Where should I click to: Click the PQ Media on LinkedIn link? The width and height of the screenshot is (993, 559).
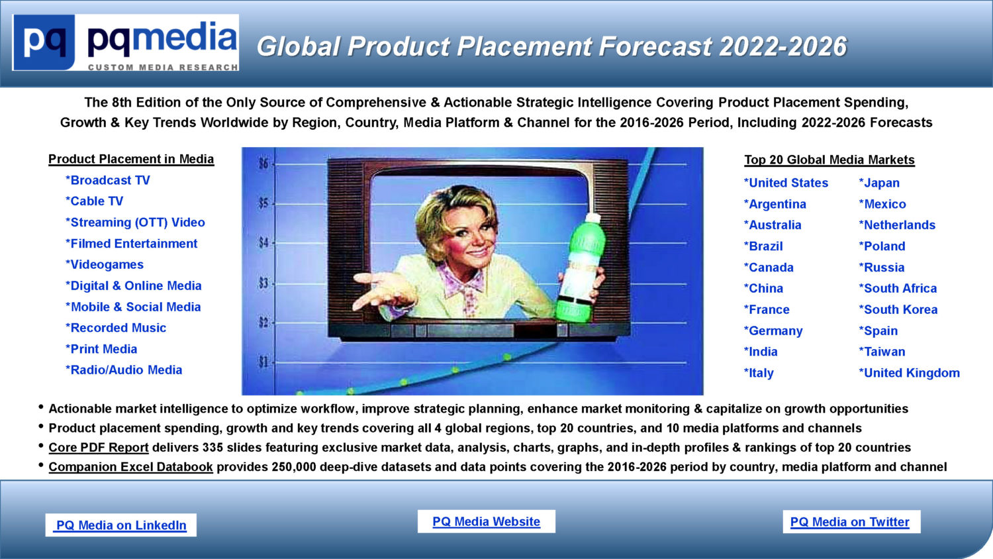[121, 525]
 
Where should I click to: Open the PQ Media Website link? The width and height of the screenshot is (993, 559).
[487, 521]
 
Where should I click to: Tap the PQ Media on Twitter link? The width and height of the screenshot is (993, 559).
[850, 522]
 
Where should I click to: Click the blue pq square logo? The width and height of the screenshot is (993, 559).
[44, 42]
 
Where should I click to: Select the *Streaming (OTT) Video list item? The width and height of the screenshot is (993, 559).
[135, 223]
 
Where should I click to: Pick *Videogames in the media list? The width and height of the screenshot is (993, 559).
[105, 264]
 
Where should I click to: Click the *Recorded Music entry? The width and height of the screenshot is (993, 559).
[116, 328]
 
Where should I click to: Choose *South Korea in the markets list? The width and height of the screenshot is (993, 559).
[898, 309]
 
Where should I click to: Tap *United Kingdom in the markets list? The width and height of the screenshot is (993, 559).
[909, 373]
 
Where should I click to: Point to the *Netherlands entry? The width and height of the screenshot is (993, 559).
[897, 225]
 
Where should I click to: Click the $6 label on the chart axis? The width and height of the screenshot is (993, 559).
[263, 164]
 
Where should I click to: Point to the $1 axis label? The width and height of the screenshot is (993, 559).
[263, 362]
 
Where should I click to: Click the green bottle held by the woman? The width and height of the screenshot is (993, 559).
[578, 268]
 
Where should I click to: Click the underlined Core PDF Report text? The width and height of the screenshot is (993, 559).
[99, 447]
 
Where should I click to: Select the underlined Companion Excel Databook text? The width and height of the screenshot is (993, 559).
[131, 467]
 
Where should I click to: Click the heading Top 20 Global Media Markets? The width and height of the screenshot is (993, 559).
[829, 160]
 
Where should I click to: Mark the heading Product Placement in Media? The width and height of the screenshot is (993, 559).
[131, 159]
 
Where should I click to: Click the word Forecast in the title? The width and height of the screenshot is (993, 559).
[655, 46]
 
